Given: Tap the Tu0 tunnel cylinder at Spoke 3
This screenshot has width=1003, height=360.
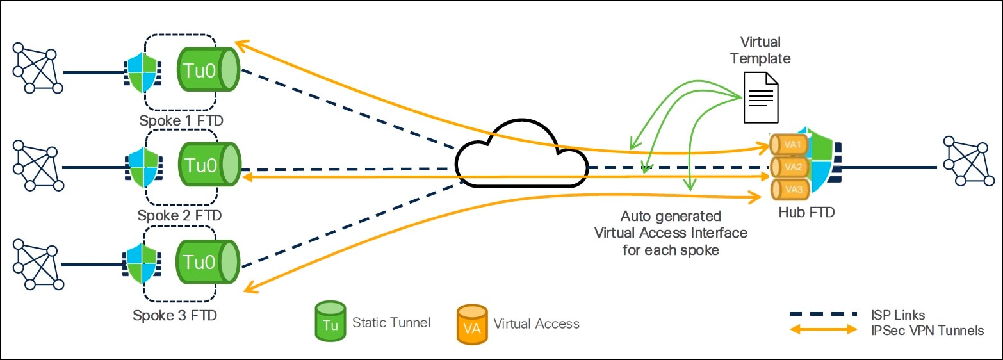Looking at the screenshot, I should click(x=208, y=262).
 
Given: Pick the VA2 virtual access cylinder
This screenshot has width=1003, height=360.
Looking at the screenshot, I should click(x=787, y=167).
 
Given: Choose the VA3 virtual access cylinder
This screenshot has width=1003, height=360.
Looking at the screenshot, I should click(x=787, y=190).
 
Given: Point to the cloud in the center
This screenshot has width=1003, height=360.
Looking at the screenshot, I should click(x=522, y=160).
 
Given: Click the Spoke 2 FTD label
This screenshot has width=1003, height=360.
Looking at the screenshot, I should click(x=179, y=215).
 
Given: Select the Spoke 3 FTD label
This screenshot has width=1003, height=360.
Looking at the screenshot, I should click(x=175, y=315).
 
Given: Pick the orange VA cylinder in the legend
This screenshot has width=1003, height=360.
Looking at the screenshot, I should click(x=471, y=323).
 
